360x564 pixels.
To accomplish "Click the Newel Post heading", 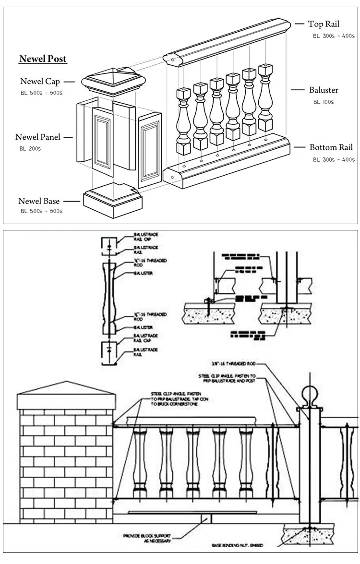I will coord(43,59).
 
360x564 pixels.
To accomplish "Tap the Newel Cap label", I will coord(40,82).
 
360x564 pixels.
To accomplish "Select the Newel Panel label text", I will coord(38,137).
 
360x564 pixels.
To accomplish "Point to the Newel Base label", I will coord(39,201).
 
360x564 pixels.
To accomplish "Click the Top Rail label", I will coord(324,24).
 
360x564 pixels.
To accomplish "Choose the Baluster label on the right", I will coord(324,90).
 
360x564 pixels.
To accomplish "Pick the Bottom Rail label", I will coord(331,148).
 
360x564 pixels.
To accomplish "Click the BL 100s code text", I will coord(323,102).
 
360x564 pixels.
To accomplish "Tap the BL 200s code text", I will coord(30,148).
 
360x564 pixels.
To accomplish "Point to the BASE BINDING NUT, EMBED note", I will coord(238,546).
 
